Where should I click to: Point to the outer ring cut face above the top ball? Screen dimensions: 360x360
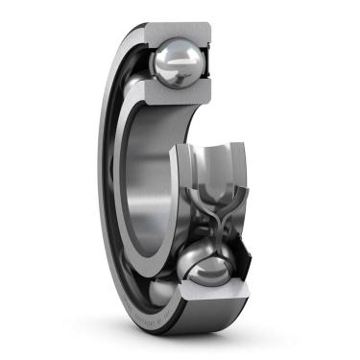click(177, 33)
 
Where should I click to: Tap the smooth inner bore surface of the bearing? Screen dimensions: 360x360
click(154, 173)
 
